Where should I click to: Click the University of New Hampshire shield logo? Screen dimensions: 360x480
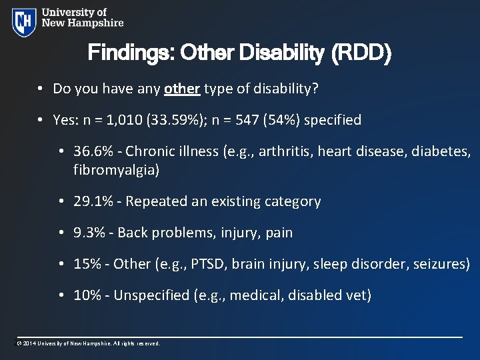pos(24,22)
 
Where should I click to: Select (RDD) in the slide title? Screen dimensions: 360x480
pos(364,53)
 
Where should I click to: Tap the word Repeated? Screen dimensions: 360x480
pos(156,201)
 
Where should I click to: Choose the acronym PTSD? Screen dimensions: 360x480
pos(206,264)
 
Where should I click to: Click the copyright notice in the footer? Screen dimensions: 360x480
pos(88,344)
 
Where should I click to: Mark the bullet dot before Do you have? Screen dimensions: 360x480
pos(41,89)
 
